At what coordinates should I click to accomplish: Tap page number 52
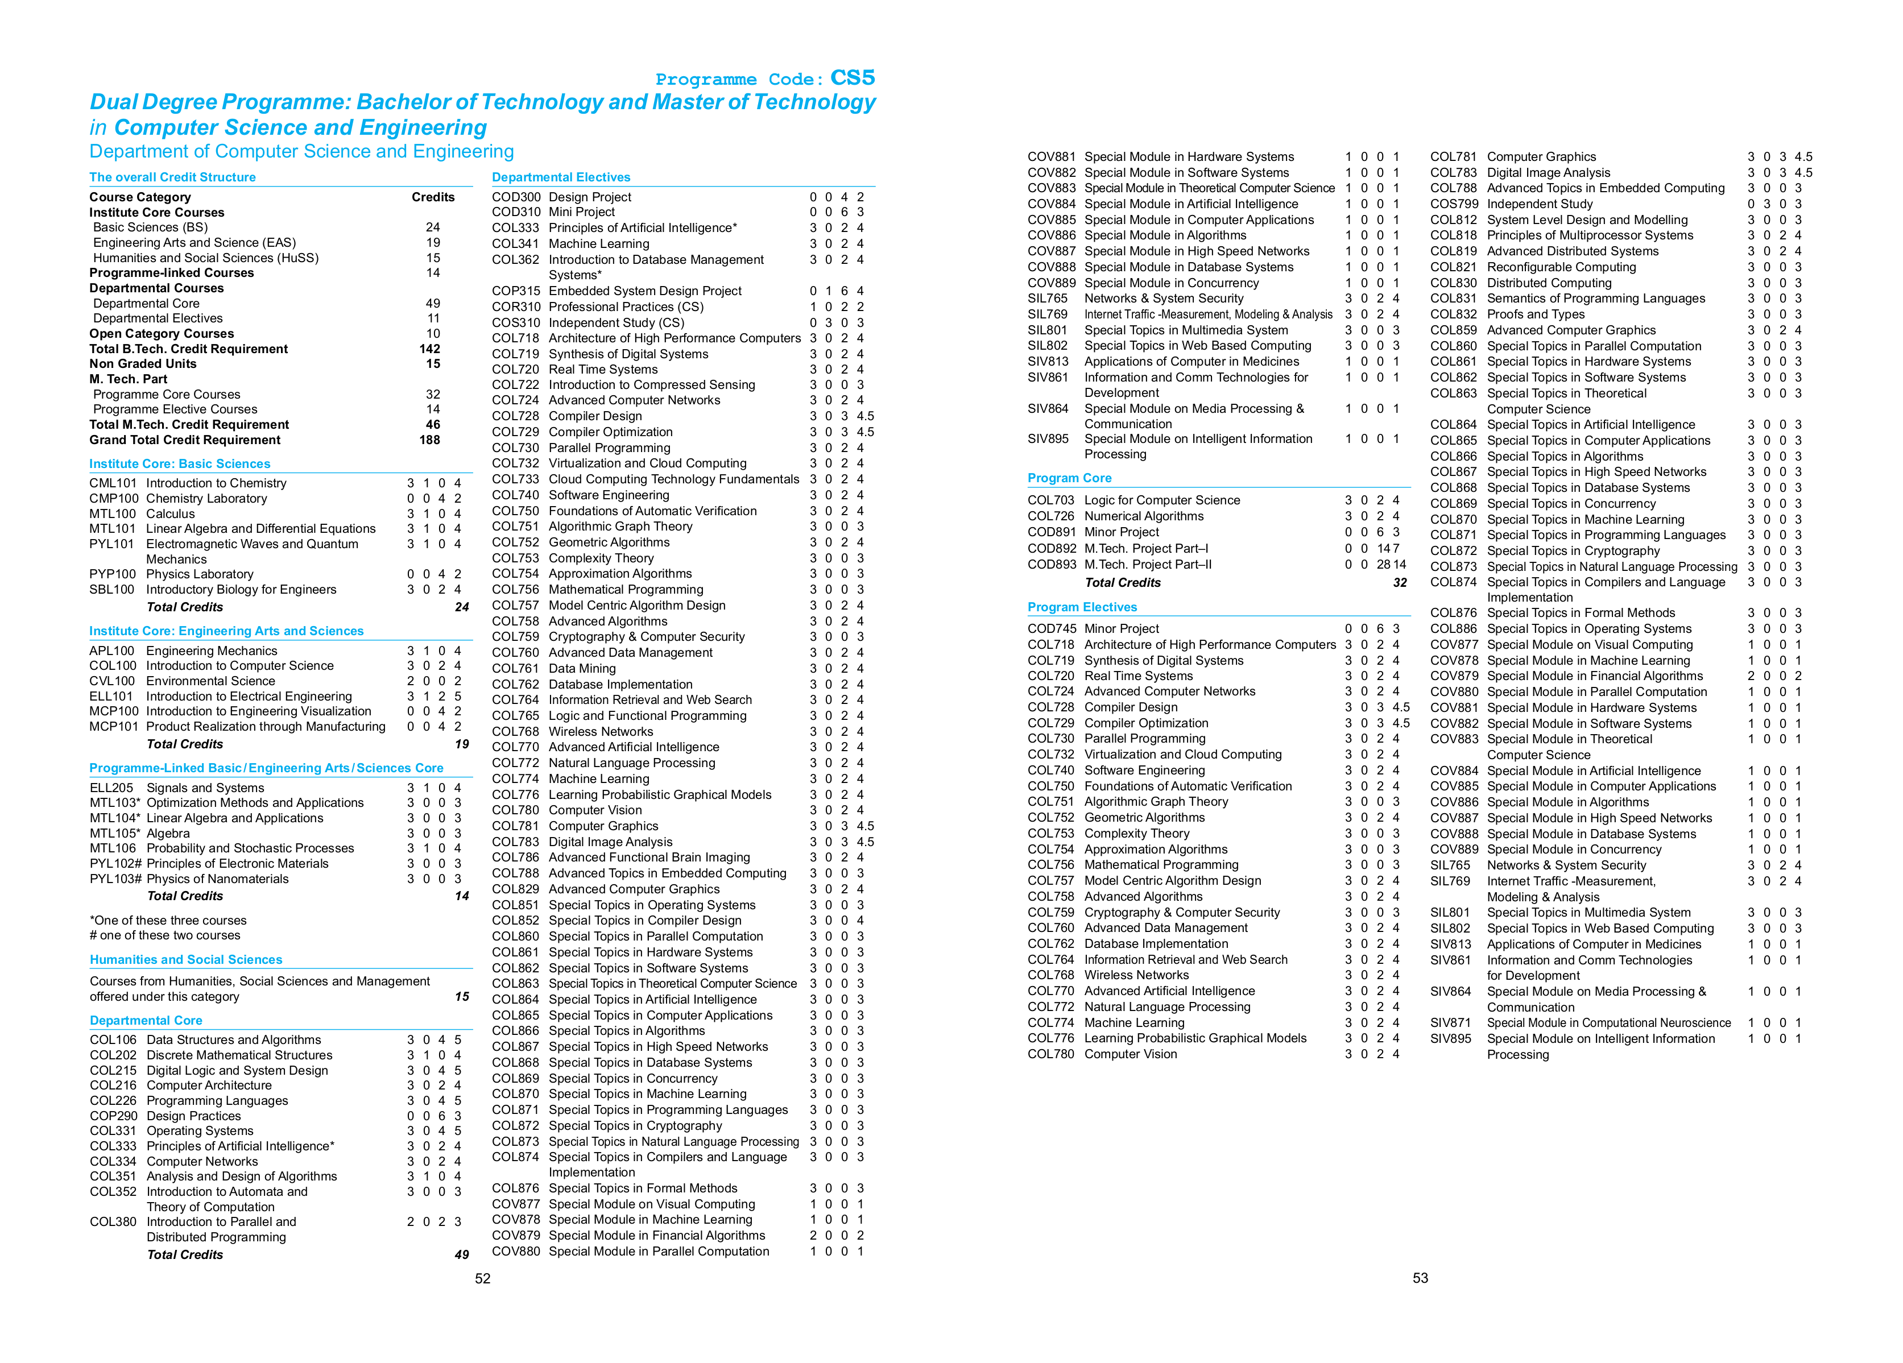(482, 1278)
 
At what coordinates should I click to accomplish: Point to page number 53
(1420, 1278)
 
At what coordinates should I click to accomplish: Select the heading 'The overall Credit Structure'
(172, 177)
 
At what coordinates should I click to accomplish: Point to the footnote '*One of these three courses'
(168, 920)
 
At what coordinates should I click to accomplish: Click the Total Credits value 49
(461, 1255)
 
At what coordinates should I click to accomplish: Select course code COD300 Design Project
(516, 197)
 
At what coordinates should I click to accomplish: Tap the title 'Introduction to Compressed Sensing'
(651, 385)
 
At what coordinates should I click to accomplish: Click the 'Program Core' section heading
(1069, 478)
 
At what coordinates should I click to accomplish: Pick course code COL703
(1050, 500)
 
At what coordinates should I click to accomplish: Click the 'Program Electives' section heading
(1082, 607)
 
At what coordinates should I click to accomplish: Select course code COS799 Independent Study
(1453, 204)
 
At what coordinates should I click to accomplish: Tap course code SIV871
(1451, 1022)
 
